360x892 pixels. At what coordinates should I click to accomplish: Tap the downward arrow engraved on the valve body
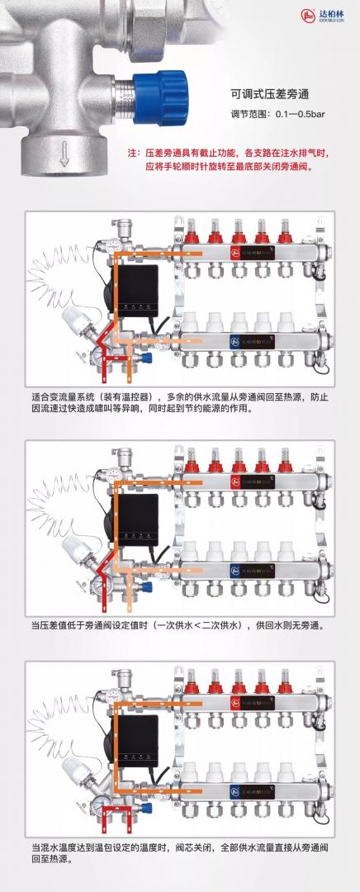(64, 154)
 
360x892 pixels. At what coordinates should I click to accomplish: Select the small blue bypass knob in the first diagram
(148, 358)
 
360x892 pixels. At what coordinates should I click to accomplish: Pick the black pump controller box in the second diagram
(138, 520)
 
